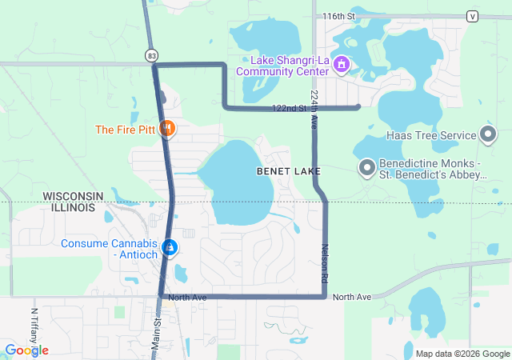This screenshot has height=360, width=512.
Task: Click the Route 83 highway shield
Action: pos(151,55)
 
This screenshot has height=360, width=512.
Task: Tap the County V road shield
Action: pos(473,16)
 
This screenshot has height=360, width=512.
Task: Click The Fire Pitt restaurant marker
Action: pos(167,129)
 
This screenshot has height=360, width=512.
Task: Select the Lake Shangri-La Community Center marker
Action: pos(341,63)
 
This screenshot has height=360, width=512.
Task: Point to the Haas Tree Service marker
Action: pos(488,135)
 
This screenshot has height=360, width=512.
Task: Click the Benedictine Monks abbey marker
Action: pos(367,167)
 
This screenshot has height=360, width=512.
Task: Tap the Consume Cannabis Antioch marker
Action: pos(170,247)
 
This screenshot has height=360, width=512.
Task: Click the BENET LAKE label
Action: pos(289,171)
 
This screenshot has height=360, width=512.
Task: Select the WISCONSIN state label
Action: pos(74,196)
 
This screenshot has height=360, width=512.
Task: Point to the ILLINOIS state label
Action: pos(74,207)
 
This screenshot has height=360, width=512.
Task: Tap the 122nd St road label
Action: pos(290,107)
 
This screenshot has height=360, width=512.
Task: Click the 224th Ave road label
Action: pos(315,106)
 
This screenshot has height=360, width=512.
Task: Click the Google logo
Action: pos(26,350)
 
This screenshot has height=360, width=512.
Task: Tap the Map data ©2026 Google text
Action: pos(462,354)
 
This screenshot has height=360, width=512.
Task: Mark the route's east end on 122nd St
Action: pos(358,106)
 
